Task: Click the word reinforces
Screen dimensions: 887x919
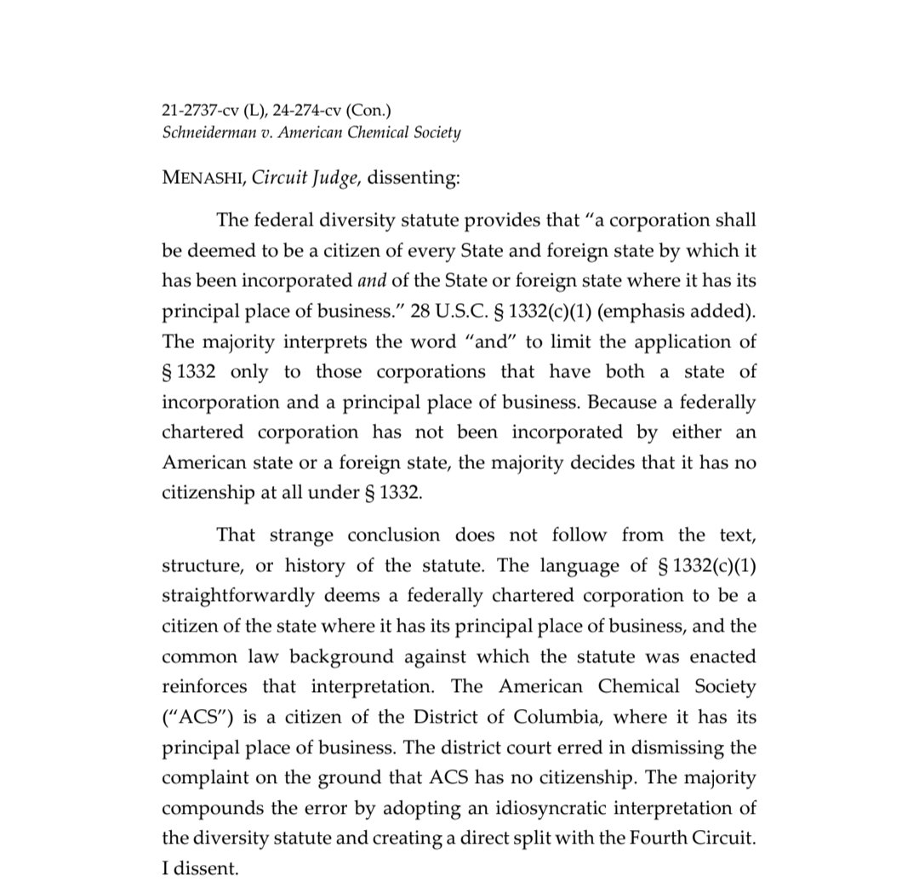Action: (203, 686)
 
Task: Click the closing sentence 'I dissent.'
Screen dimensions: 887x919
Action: (197, 867)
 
